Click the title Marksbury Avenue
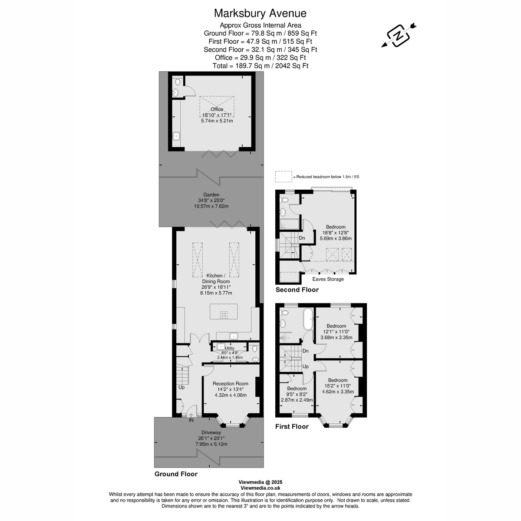pos(260,13)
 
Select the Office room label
pos(217,109)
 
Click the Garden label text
pos(211,195)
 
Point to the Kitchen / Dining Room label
pos(216,279)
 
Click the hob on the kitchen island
pos(224,315)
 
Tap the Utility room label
pos(230,348)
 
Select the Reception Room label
pos(230,384)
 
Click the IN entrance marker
pos(191,420)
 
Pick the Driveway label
pos(211,432)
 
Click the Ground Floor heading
pos(176,474)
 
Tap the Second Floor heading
pos(297,290)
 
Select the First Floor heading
pos(292,426)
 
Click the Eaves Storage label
pos(328,279)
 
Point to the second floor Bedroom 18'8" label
pos(336,227)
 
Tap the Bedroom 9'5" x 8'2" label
pos(297,389)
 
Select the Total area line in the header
pos(260,66)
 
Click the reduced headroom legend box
pos(284,177)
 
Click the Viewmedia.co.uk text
pos(260,488)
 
